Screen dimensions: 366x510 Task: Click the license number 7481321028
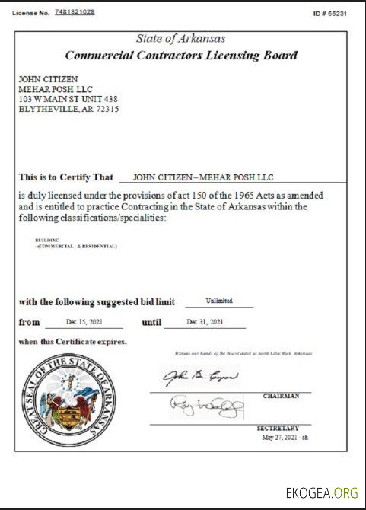[75, 13]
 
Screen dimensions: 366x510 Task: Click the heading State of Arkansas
[180, 39]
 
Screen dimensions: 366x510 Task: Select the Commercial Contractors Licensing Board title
[181, 56]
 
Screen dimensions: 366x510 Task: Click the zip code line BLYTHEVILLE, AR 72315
[68, 109]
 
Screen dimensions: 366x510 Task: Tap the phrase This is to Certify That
[66, 177]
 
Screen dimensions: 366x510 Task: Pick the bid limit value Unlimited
[218, 301]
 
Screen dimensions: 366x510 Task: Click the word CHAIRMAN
[282, 396]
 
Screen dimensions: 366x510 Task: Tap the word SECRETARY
[278, 429]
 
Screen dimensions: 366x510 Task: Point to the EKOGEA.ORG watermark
[322, 492]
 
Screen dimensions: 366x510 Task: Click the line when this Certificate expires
[73, 342]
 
